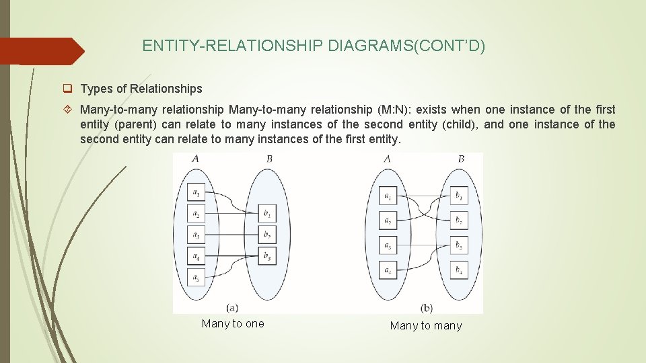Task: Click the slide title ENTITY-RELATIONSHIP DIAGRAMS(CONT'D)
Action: (314, 46)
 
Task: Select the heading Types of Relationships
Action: (141, 89)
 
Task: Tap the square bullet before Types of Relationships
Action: (68, 89)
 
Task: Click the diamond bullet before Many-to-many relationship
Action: (68, 110)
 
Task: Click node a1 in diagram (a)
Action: (196, 193)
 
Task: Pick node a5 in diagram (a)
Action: (196, 278)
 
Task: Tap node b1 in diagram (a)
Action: (268, 214)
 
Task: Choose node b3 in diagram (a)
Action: (268, 256)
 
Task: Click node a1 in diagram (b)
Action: (388, 197)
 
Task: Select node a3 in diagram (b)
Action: (388, 246)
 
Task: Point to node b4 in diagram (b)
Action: (459, 270)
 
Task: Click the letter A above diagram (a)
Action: (195, 159)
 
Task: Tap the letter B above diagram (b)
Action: (461, 159)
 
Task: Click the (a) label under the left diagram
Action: (232, 307)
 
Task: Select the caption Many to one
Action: (233, 324)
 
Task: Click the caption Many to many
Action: (426, 326)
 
